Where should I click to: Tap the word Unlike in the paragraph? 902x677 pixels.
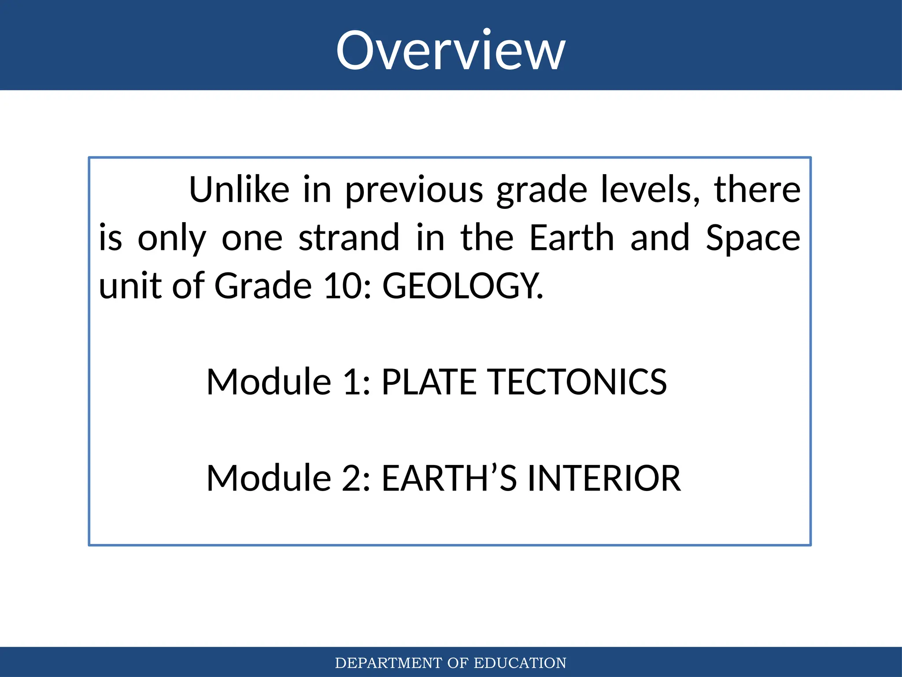tap(239, 190)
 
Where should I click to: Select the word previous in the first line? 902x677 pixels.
tap(414, 190)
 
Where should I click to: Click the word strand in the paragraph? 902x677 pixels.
tap(349, 238)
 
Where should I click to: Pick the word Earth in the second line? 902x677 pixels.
tap(571, 238)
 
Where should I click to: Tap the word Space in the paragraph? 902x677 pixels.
tap(753, 239)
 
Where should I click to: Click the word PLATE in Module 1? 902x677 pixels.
tap(429, 382)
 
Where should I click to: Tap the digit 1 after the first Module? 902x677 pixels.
tap(352, 382)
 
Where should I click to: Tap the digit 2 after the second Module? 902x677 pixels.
tap(352, 478)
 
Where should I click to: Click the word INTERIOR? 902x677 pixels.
tap(604, 478)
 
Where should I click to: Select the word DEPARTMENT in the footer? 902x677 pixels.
tap(388, 663)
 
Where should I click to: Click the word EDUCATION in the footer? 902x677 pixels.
tap(520, 663)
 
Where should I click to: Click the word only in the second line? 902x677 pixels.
tap(172, 239)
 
